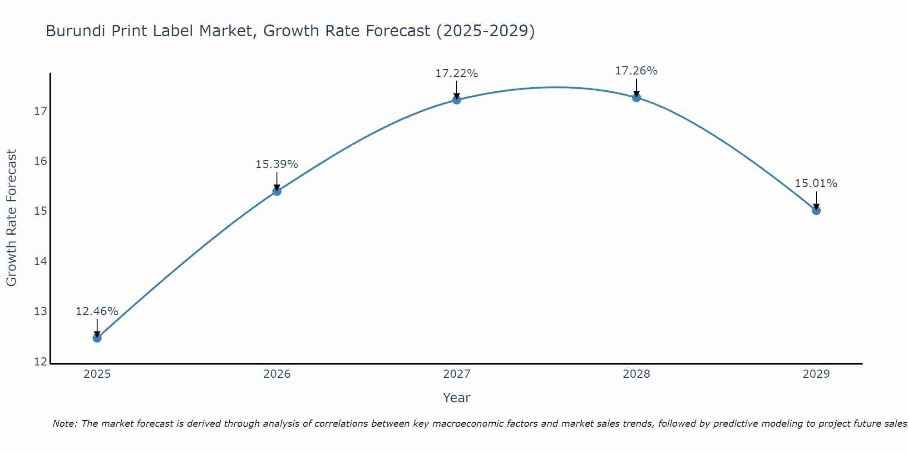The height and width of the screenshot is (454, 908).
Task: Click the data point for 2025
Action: [x=97, y=338]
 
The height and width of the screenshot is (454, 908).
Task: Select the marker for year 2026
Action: [x=277, y=191]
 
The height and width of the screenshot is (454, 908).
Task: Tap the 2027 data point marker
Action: [x=457, y=100]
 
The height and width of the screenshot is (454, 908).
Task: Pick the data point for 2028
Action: [x=637, y=98]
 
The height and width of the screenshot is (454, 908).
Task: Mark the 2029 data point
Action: [x=816, y=210]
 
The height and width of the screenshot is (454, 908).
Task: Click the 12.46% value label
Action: [x=97, y=311]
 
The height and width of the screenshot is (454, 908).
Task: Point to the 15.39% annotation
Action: [x=276, y=164]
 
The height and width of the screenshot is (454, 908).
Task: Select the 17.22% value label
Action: [x=456, y=74]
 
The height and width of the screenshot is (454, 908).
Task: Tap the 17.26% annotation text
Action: [x=636, y=71]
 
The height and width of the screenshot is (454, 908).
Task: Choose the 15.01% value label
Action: [x=816, y=183]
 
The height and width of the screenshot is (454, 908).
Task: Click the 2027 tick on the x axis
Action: [x=457, y=374]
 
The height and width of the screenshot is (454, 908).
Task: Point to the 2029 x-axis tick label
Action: [x=816, y=374]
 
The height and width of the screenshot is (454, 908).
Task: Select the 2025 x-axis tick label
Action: [x=97, y=374]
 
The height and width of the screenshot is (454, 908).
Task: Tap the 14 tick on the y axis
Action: [x=40, y=262]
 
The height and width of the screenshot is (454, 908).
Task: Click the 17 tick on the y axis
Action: [x=40, y=111]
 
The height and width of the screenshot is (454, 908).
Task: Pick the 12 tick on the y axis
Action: [x=40, y=362]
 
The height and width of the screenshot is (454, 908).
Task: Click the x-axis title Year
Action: [x=456, y=398]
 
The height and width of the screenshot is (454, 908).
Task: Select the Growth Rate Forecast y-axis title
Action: [x=12, y=218]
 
